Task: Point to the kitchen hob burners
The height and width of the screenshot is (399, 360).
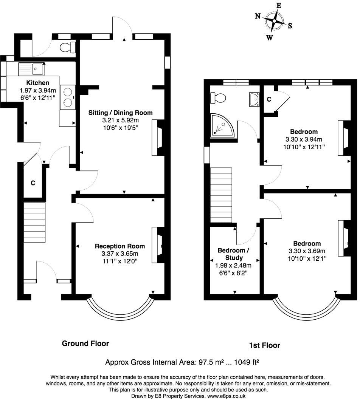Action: (68, 97)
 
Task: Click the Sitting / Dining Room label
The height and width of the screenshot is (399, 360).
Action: (120, 113)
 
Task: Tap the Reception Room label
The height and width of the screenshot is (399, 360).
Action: (120, 246)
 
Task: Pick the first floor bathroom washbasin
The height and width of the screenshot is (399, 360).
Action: (254, 99)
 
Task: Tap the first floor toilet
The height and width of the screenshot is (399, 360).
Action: (218, 98)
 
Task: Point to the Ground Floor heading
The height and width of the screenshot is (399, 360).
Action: (85, 343)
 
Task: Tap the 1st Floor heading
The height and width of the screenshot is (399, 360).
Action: (265, 345)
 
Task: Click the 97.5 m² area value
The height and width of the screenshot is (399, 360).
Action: (211, 363)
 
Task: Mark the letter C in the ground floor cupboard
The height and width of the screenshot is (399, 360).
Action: (33, 183)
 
